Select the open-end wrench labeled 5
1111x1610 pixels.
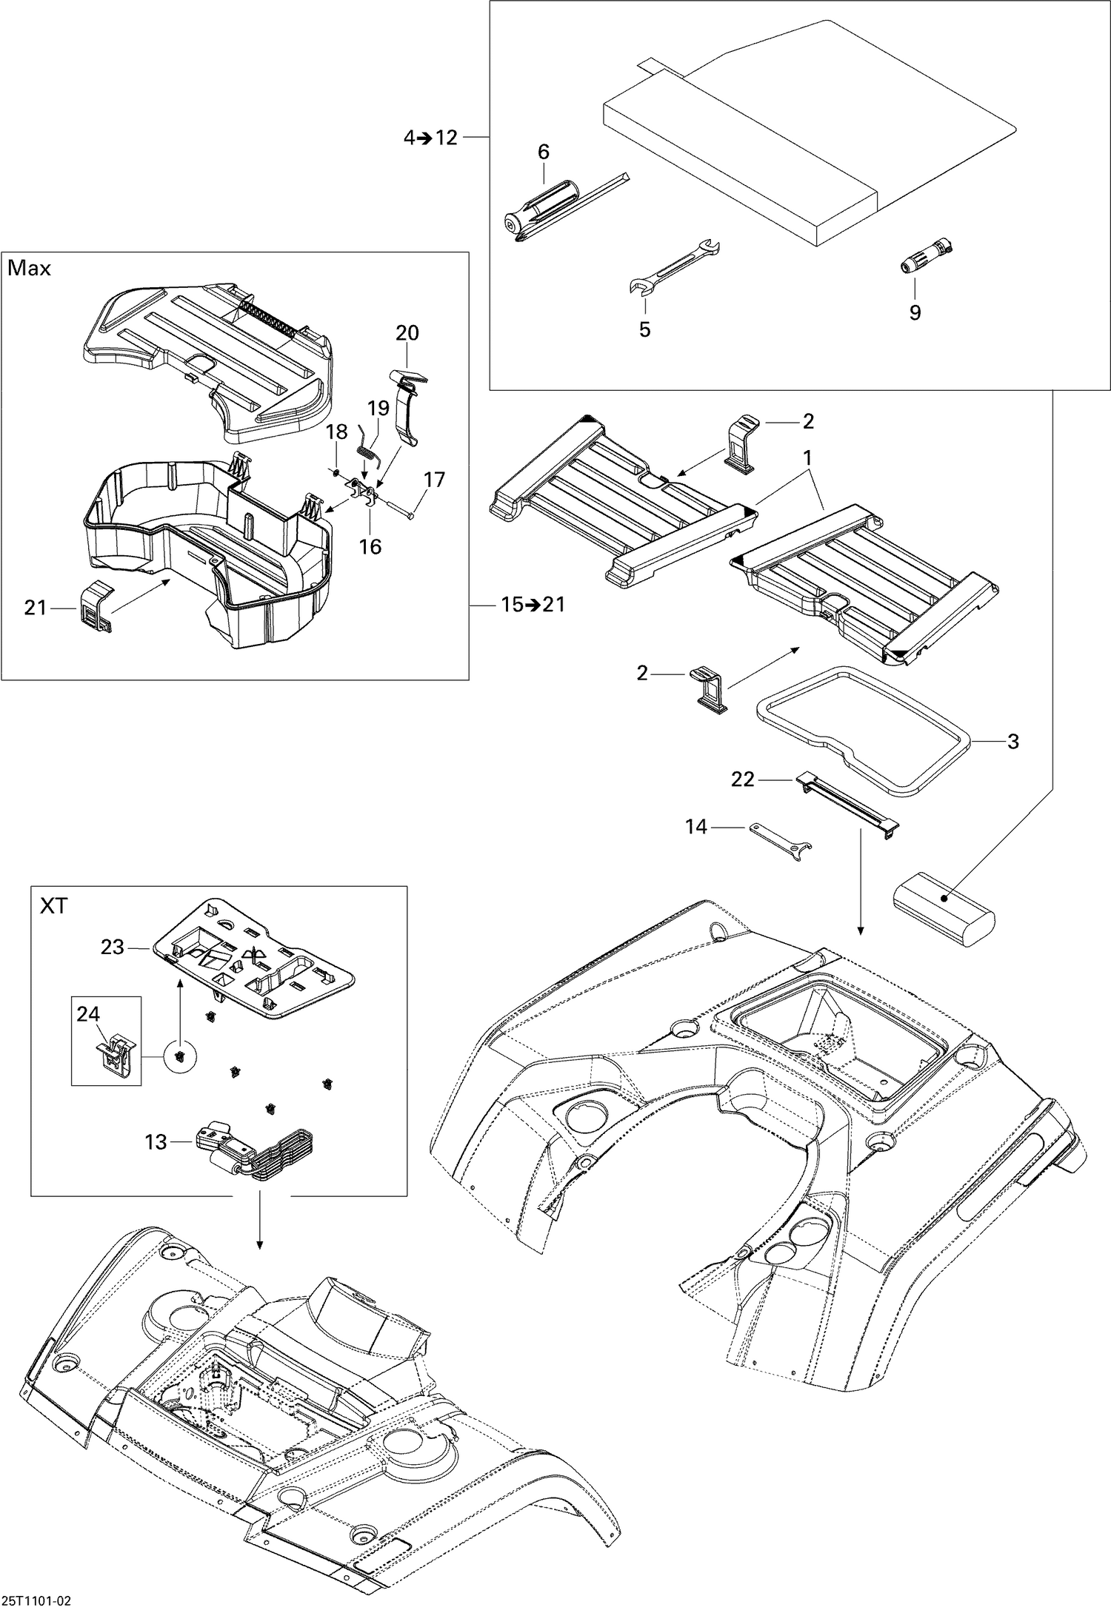(673, 267)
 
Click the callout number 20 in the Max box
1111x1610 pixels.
(407, 333)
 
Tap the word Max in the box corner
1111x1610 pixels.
(29, 268)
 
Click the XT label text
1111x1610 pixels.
(53, 905)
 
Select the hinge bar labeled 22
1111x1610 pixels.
(847, 801)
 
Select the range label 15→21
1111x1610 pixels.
(532, 605)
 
